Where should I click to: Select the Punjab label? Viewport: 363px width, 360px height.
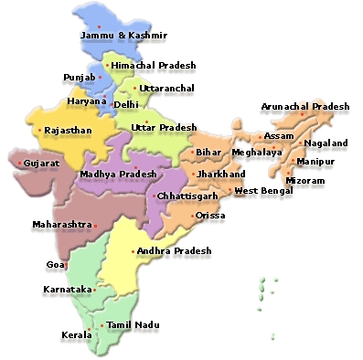point(79,78)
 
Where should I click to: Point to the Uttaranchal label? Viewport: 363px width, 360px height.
point(162,89)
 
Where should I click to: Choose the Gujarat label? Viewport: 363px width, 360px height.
point(41,163)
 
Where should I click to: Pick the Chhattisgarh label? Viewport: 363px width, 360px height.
point(187,196)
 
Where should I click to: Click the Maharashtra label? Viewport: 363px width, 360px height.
point(61,224)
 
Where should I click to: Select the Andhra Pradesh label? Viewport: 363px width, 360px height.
point(174,250)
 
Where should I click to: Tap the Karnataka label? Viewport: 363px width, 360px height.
point(68,289)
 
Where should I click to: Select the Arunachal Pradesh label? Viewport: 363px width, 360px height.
point(304,107)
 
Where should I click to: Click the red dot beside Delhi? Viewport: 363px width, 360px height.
point(110,104)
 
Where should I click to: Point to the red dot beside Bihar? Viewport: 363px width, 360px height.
point(192,152)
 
